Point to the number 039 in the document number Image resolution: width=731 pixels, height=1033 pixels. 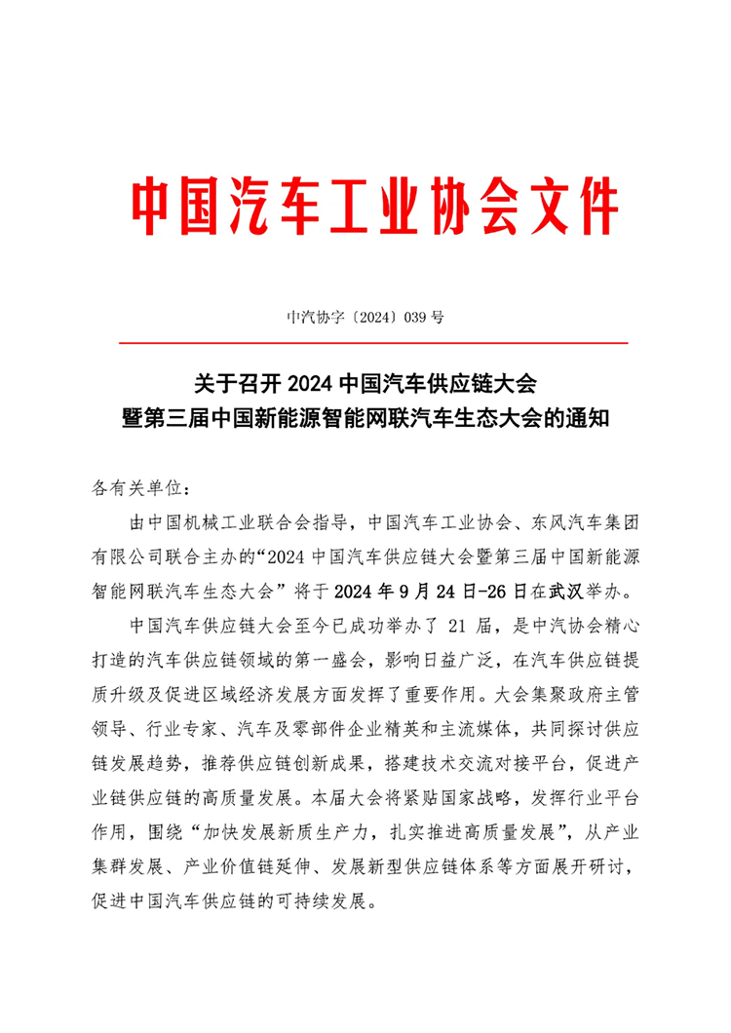coord(413,317)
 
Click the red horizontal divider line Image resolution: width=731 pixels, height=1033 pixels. coord(372,343)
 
